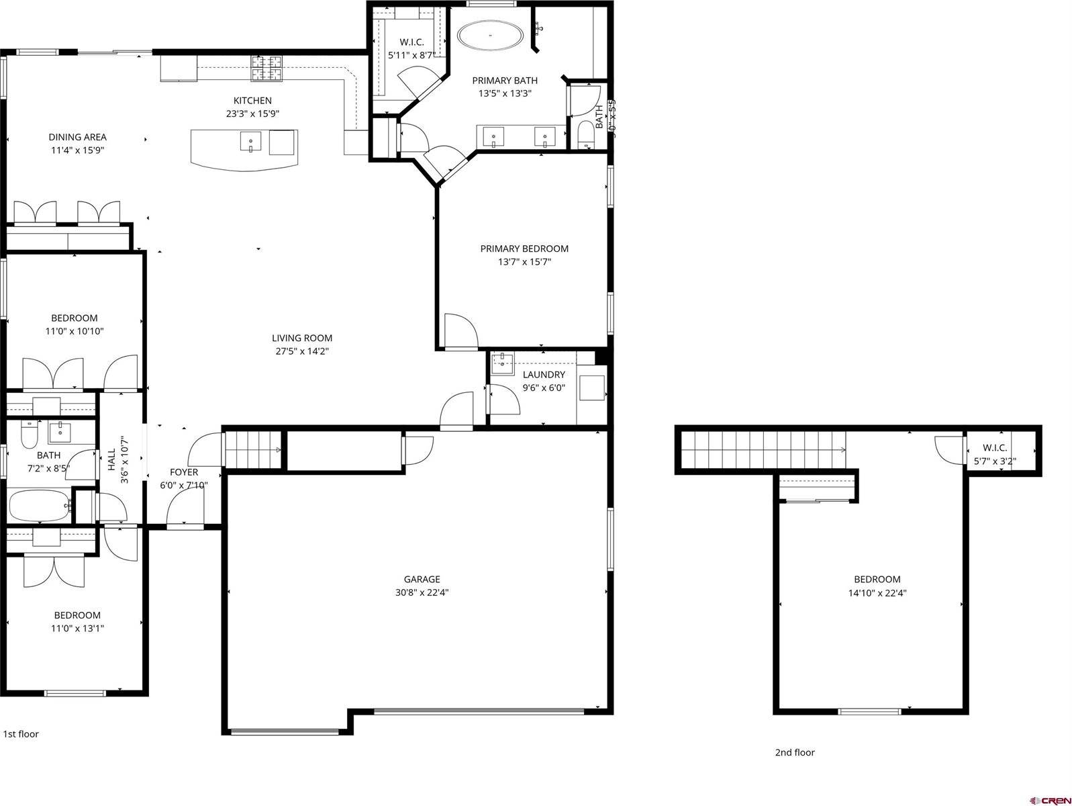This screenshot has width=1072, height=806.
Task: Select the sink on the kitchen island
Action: pos(250,142)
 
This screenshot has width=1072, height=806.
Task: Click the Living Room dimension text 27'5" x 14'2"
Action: pos(302,351)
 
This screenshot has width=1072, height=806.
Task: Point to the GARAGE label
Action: pos(422,579)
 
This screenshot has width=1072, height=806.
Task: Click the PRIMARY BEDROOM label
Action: pos(524,249)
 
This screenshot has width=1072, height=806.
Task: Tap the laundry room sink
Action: pos(501,363)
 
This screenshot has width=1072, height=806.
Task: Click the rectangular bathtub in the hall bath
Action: pos(39,506)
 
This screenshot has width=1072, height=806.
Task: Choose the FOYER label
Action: pos(183,472)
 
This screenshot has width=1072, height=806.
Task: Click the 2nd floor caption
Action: pos(795,752)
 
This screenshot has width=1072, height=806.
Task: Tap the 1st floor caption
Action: pos(21,733)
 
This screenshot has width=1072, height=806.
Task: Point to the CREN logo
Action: pos(1049,800)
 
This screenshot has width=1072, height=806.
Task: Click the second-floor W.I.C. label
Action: pos(995,448)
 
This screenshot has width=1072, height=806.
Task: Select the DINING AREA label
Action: pos(77,137)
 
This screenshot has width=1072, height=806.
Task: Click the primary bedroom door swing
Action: pos(459,331)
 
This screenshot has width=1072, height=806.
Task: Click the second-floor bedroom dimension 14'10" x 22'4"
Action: pos(877,593)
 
